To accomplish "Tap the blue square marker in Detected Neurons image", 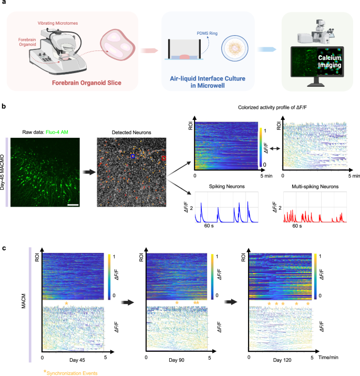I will [133, 156].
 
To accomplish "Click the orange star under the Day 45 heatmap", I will [66, 303].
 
